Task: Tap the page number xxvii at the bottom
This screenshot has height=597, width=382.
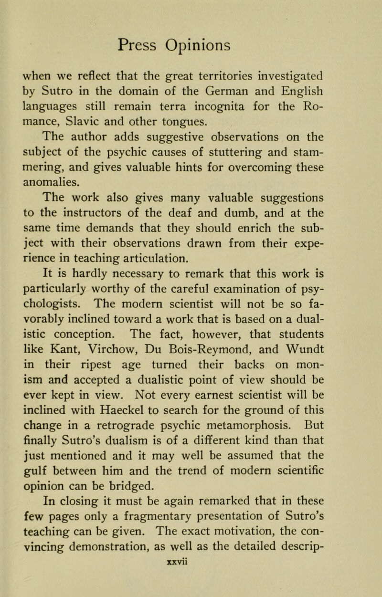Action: tap(191, 585)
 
